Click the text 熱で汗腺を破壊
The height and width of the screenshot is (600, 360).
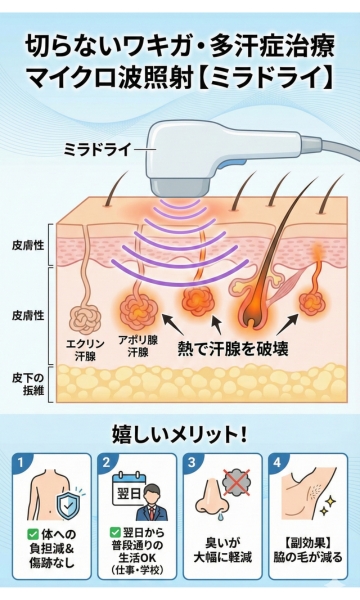(x=234, y=349)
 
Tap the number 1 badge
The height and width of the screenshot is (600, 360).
(x=22, y=463)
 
